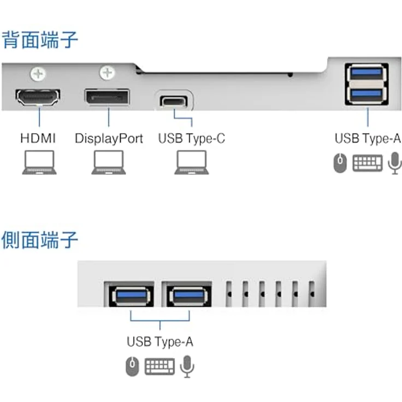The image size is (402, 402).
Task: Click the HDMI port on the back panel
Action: tap(38, 97)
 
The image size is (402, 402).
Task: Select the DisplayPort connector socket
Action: tap(108, 97)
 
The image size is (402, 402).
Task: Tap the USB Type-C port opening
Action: tap(174, 100)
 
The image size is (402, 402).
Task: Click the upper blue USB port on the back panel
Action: tap(366, 73)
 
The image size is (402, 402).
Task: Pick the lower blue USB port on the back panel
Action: tap(366, 94)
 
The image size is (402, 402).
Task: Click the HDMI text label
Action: tap(38, 138)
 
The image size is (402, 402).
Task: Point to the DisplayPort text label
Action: tap(109, 139)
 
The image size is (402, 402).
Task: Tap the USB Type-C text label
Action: tap(192, 139)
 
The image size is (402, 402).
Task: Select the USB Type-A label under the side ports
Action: tap(160, 342)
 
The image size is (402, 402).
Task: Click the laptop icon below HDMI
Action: tap(39, 163)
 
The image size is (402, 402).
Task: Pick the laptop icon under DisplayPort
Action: tap(109, 163)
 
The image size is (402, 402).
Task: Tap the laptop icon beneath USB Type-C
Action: tap(192, 163)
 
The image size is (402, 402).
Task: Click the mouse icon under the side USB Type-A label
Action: tap(132, 366)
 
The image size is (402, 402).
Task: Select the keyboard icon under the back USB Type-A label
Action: tap(368, 163)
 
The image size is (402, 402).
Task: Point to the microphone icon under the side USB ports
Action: tap(187, 366)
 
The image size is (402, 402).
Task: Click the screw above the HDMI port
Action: tap(38, 74)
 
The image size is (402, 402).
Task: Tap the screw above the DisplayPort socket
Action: tap(107, 73)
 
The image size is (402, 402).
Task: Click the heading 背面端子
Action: tap(40, 40)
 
